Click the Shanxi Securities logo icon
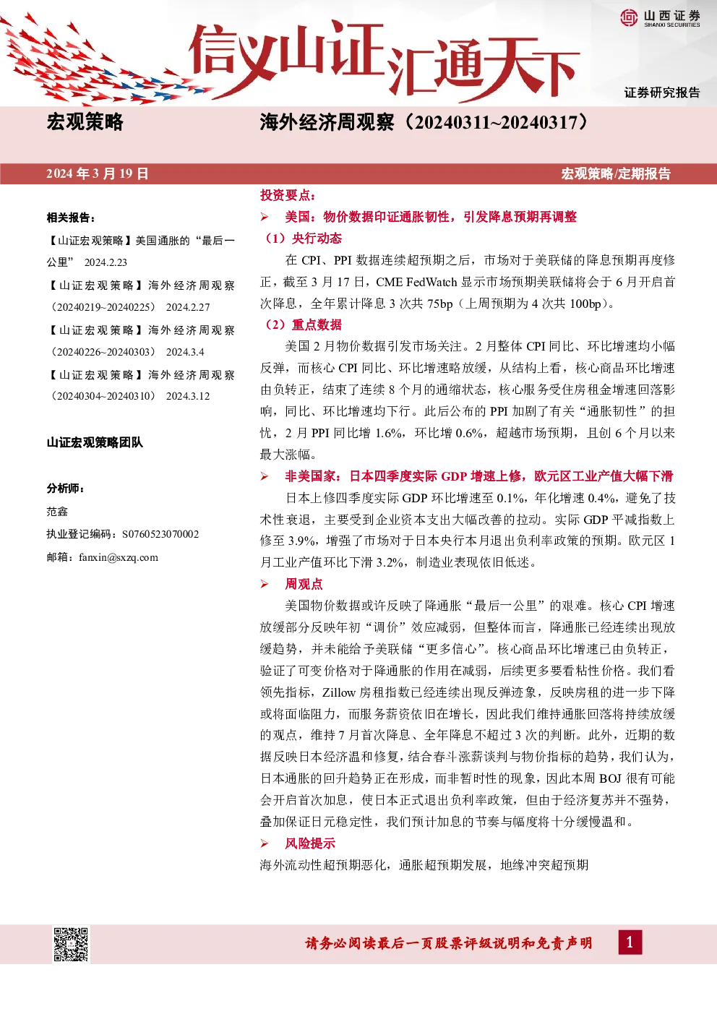[629, 17]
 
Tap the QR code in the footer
[71, 945]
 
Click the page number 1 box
[630, 942]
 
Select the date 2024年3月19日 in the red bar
[98, 174]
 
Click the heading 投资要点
[288, 195]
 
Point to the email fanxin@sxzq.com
[119, 557]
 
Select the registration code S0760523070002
[160, 534]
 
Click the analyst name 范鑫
[57, 512]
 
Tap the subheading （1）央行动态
[301, 239]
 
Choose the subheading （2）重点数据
[301, 325]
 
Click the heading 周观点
[304, 584]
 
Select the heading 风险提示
[310, 843]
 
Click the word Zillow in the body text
[339, 692]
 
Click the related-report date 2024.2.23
[106, 262]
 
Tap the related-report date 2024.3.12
[188, 396]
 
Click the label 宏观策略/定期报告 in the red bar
[616, 174]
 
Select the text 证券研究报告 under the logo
[662, 93]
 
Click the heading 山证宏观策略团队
[95, 442]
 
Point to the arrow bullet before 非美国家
[265, 476]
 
